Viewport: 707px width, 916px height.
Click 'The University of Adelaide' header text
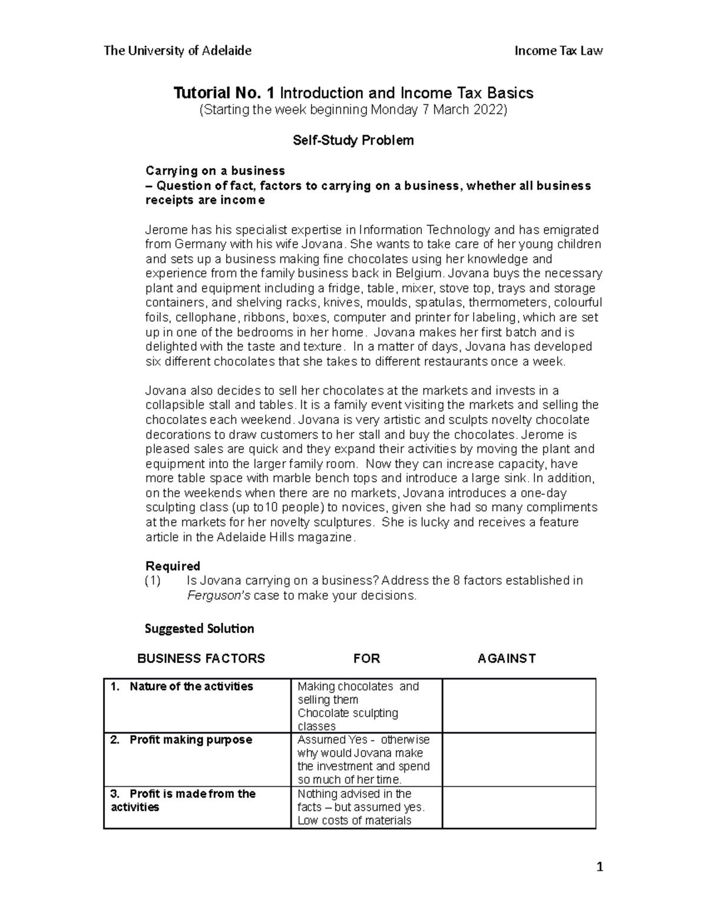(x=177, y=51)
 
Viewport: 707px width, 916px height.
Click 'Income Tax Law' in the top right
(x=558, y=51)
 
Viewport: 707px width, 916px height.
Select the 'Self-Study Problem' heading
(x=353, y=140)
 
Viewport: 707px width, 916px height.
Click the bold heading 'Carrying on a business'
(x=215, y=170)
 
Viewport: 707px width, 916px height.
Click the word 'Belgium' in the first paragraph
(x=419, y=273)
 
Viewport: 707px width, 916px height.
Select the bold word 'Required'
(x=173, y=566)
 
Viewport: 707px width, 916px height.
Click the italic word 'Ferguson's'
(x=219, y=596)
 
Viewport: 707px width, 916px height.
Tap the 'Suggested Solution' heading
(x=199, y=629)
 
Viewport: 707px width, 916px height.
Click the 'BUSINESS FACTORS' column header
(x=201, y=659)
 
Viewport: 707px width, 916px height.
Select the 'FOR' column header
(x=366, y=659)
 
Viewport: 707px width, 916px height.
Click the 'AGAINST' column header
(x=506, y=659)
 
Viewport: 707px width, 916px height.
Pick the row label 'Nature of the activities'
(x=191, y=687)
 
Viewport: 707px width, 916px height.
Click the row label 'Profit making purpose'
(x=190, y=740)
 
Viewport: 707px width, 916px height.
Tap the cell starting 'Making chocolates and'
(x=358, y=687)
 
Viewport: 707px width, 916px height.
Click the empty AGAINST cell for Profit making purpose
(x=518, y=760)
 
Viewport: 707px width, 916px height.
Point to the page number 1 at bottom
(x=600, y=867)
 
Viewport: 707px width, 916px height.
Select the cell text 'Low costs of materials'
(x=354, y=820)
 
